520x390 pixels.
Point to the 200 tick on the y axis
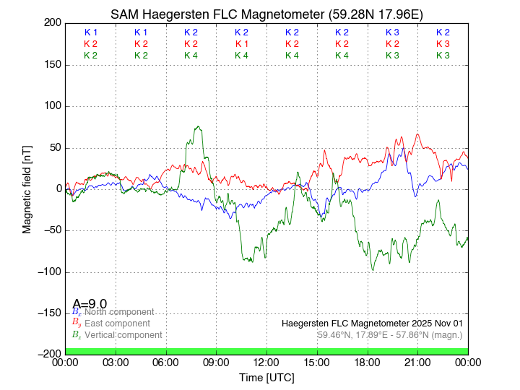click(x=52, y=22)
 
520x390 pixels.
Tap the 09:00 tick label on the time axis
click(x=217, y=363)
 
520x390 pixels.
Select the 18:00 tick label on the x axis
click(x=367, y=363)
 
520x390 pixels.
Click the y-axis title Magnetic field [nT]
click(x=27, y=188)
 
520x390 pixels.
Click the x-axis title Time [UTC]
click(x=266, y=378)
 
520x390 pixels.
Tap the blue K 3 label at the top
click(x=392, y=32)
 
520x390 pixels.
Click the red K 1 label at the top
click(x=242, y=44)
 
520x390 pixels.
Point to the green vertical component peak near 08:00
click(x=199, y=127)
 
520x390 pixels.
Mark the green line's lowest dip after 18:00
click(x=373, y=270)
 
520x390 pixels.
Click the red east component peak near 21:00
click(x=417, y=134)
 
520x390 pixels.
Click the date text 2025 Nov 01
click(x=438, y=323)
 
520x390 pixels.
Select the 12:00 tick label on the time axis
click(x=266, y=363)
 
